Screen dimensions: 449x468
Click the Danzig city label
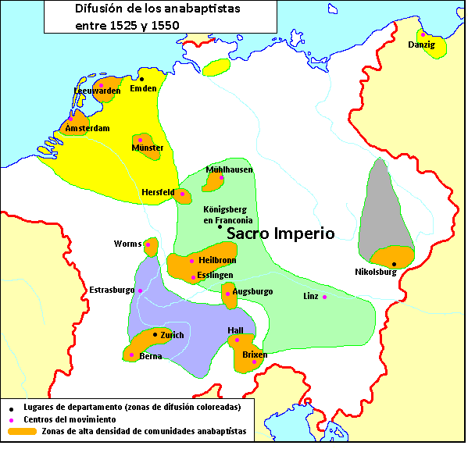pos(423,45)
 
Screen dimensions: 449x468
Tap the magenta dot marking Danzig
pos(423,34)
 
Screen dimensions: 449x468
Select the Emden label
pos(143,88)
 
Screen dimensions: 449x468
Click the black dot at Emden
pos(142,79)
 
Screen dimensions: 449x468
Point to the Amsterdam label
pos(87,128)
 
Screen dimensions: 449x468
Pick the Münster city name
pos(148,148)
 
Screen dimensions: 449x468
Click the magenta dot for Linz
pos(324,297)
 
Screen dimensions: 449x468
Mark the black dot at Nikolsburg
pos(394,264)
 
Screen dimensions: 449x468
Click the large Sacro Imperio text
pos(280,233)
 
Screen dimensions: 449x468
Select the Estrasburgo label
pos(111,290)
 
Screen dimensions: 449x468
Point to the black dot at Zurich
pos(155,334)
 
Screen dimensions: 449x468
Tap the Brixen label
pos(255,354)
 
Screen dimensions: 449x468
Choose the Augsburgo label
pos(253,291)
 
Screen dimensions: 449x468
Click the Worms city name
pos(127,244)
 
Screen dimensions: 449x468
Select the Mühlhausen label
pos(229,169)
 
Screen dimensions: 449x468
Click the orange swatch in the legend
pos(21,431)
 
